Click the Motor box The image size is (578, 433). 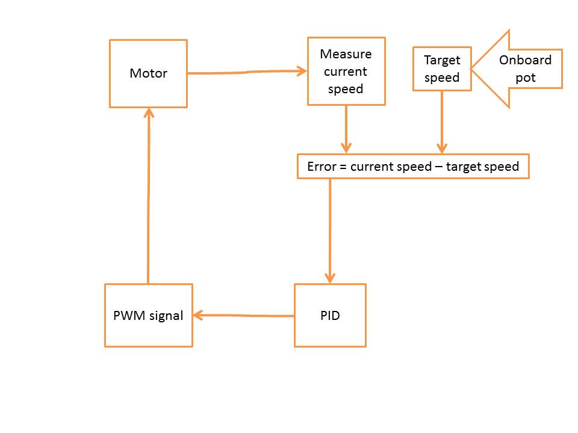148,73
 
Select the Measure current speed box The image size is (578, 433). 346,71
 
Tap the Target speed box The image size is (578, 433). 442,69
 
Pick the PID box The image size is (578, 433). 330,315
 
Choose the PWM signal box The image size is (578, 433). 148,315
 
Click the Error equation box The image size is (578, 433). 413,167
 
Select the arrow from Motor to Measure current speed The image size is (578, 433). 247,72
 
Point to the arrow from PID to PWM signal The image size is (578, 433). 243,315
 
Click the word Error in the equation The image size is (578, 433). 320,167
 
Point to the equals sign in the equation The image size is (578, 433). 343,167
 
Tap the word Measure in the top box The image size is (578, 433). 346,54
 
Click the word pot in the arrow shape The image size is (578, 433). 525,78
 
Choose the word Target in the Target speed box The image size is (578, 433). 442,60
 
